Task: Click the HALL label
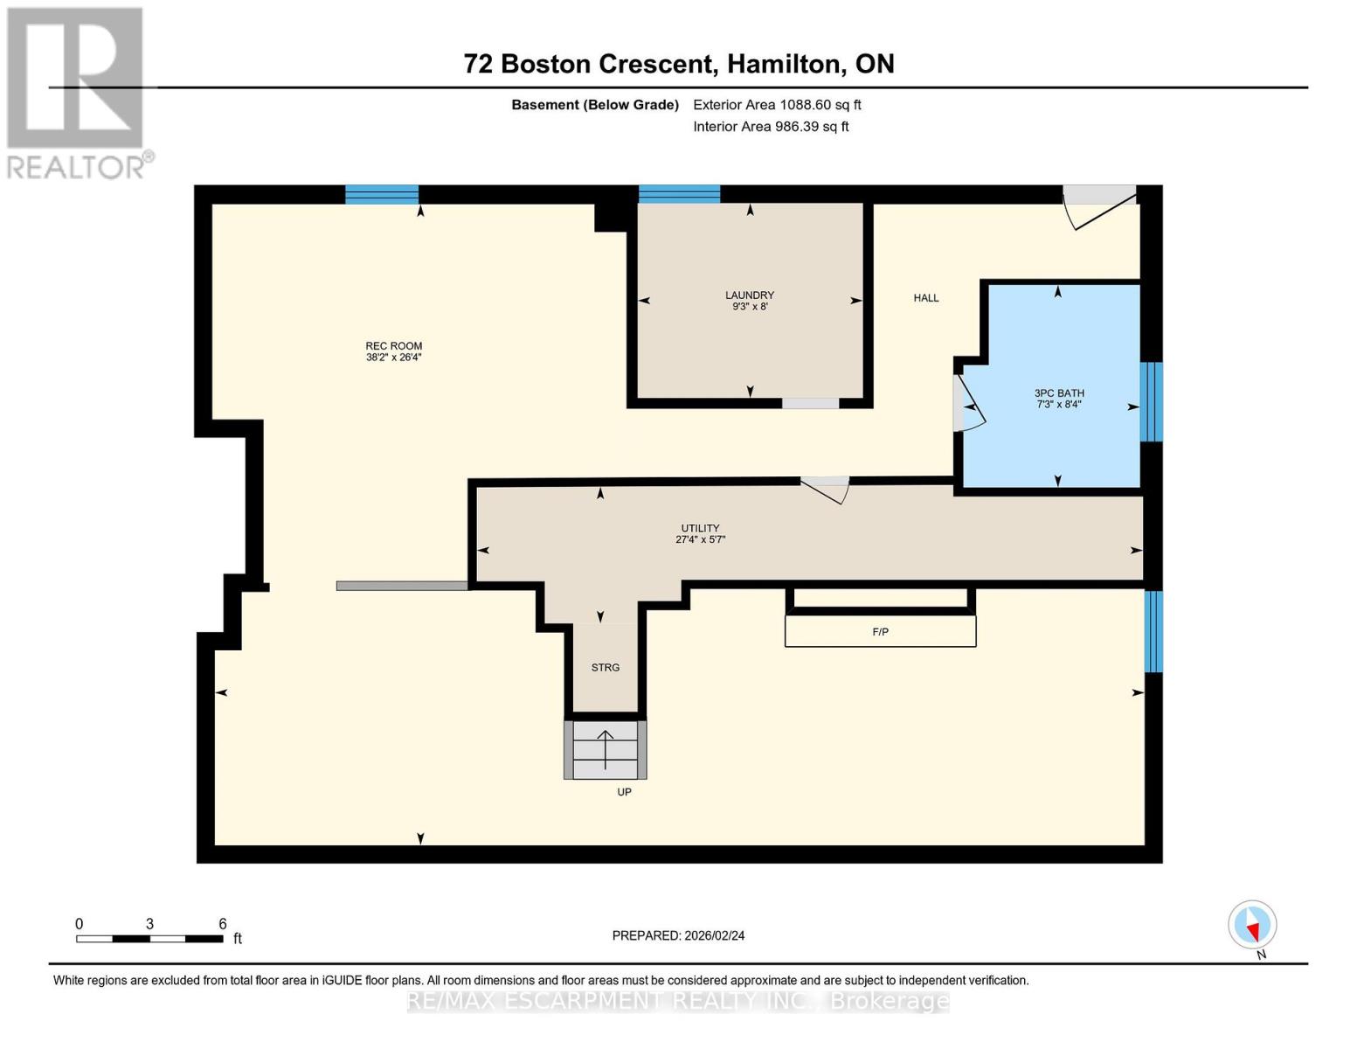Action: pyautogui.click(x=926, y=298)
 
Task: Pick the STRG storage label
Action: pyautogui.click(x=606, y=667)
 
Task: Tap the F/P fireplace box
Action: pyautogui.click(x=880, y=631)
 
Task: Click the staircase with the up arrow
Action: pyautogui.click(x=606, y=750)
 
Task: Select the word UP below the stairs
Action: pyautogui.click(x=624, y=792)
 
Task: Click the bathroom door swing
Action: pyautogui.click(x=968, y=404)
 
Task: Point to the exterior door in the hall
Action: pyautogui.click(x=1099, y=206)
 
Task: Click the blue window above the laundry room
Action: pyautogui.click(x=679, y=194)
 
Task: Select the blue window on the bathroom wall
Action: pyautogui.click(x=1151, y=402)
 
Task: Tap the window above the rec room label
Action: pyautogui.click(x=382, y=194)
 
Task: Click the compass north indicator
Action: pyautogui.click(x=1252, y=925)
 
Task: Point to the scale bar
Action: pyautogui.click(x=150, y=939)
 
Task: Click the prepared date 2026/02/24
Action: pyautogui.click(x=714, y=935)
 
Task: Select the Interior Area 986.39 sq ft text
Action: pyautogui.click(x=771, y=126)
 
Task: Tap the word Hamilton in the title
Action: pyautogui.click(x=783, y=64)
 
